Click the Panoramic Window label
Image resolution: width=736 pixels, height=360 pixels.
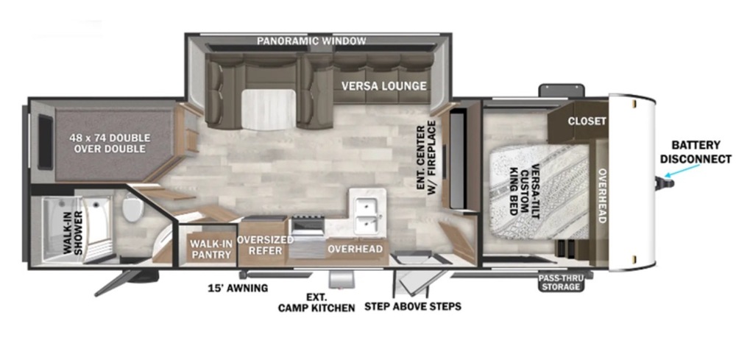click(x=311, y=40)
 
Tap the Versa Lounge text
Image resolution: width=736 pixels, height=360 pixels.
click(x=383, y=85)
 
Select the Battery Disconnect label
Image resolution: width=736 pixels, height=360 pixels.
click(x=696, y=152)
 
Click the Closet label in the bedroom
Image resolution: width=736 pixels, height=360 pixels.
click(x=587, y=121)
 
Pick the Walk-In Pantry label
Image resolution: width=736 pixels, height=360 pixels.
click(x=210, y=248)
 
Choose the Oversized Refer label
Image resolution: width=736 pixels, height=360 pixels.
click(x=266, y=245)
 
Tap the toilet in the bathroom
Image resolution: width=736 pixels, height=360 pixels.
click(x=133, y=208)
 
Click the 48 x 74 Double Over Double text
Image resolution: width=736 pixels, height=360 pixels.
click(x=110, y=143)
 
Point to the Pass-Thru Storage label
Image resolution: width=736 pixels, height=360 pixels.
click(x=559, y=281)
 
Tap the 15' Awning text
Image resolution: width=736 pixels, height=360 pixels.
click(x=238, y=288)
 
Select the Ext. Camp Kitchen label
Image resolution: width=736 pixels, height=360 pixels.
click(x=316, y=302)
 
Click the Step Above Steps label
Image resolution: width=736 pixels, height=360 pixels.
click(x=413, y=306)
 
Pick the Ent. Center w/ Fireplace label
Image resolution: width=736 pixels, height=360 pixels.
click(x=426, y=158)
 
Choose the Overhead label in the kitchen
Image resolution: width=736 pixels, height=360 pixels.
click(x=355, y=249)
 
